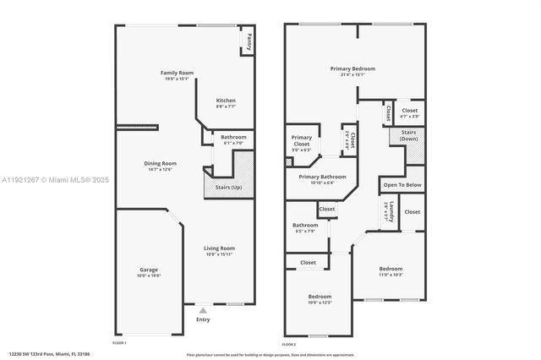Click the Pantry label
pos(249,39)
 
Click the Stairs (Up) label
pos(229,187)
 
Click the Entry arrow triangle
pos(202,310)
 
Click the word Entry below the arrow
pos(203,319)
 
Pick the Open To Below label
pos(402,184)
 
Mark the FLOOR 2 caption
pos(289,344)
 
